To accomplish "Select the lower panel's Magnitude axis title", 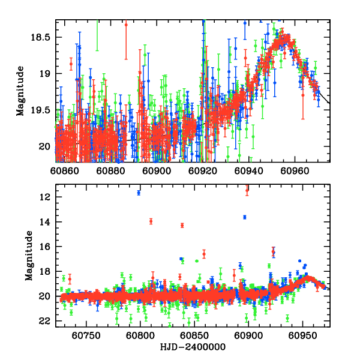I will click(x=28, y=259).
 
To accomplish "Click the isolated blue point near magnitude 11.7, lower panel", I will click(x=139, y=193).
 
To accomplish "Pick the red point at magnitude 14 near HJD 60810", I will click(x=151, y=221).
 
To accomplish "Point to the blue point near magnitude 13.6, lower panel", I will click(x=245, y=217).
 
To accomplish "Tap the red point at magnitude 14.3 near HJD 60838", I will click(x=182, y=225).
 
